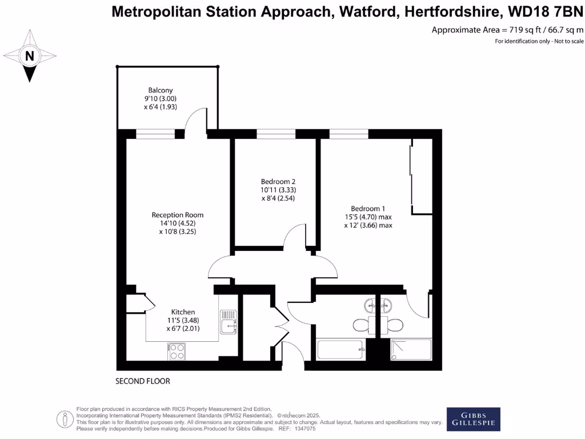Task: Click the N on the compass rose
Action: [x=30, y=56]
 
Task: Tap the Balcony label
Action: [x=161, y=90]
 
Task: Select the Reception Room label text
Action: [x=177, y=215]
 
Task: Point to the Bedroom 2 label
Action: [x=278, y=181]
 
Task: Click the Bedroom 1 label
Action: [x=368, y=209]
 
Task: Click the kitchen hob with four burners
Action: [x=177, y=351]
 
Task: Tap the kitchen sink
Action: [x=229, y=322]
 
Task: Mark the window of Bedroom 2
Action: [x=276, y=134]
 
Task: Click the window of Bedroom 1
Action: [x=348, y=134]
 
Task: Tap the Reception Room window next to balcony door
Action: [x=155, y=134]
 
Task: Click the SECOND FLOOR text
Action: [x=143, y=381]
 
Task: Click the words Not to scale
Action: [x=568, y=41]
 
